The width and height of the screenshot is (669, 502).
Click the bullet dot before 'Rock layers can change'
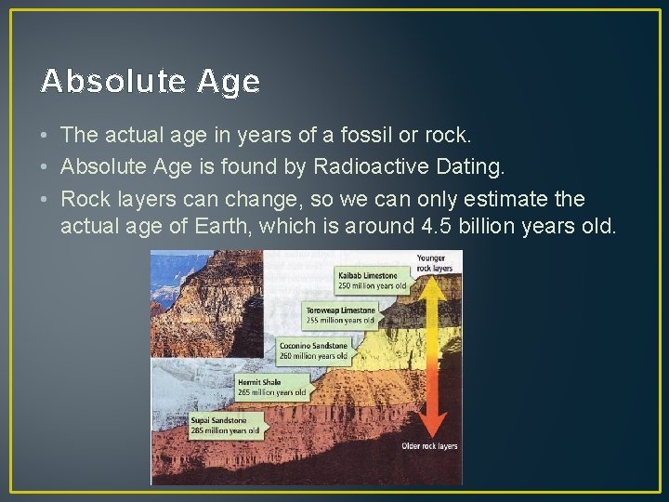(46, 199)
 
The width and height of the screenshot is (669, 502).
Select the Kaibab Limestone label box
(371, 280)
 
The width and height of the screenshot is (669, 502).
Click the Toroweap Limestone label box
(341, 315)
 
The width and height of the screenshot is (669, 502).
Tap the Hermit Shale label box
(270, 387)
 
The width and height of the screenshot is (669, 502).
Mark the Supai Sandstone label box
(226, 425)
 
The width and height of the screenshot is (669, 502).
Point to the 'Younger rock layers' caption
(435, 263)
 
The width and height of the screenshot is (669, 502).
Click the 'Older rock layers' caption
(430, 446)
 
